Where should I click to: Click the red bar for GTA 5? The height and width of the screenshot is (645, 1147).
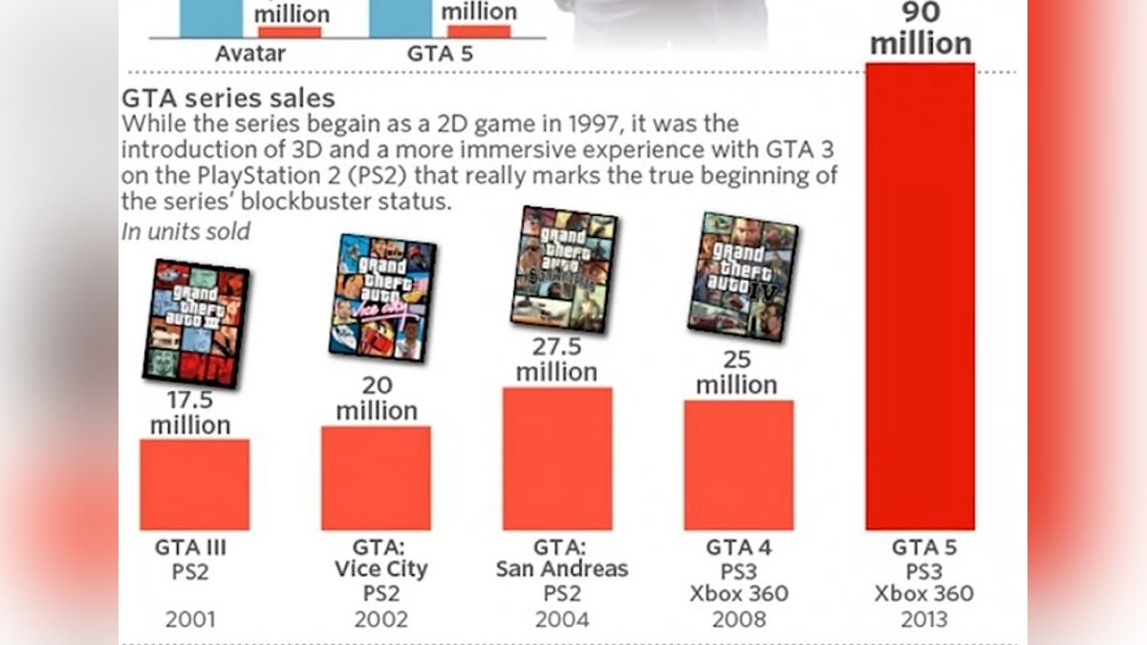point(920,296)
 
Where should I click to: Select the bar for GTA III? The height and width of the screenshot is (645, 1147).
point(194,484)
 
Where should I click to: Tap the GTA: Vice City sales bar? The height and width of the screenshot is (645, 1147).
point(376,478)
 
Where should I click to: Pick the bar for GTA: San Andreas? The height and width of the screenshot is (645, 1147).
point(557,459)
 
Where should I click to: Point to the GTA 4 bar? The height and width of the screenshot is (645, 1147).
point(738,465)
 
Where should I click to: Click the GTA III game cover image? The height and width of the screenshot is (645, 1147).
point(196,323)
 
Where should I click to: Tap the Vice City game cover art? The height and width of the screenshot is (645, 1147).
point(382,296)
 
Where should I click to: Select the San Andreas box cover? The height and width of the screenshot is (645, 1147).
point(564,270)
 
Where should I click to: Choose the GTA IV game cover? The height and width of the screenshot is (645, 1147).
point(743,277)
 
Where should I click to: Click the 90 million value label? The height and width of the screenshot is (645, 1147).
point(920,29)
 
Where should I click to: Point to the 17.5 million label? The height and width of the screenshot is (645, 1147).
point(189,413)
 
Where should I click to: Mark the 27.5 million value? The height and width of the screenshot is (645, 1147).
point(556,359)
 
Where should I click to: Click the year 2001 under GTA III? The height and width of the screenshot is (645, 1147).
point(190,619)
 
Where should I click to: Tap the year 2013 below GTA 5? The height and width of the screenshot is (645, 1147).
point(922,619)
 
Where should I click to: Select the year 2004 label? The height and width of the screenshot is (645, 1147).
point(561,619)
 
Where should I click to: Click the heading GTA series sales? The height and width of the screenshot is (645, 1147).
point(228,97)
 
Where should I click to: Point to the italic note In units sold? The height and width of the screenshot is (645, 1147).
point(186,231)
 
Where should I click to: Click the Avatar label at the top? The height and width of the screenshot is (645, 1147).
point(249,54)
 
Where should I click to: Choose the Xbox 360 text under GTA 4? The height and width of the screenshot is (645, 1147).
point(739,593)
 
